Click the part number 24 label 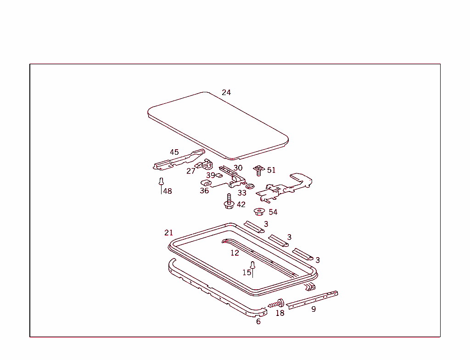coord(226,92)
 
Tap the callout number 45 coord(174,152)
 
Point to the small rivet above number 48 coord(161,181)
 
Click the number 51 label coord(271,170)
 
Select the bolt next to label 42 coord(229,202)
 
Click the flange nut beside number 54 coord(259,212)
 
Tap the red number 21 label coord(168,233)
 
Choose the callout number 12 coord(235,253)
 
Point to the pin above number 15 coord(252,265)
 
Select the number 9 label coord(313,309)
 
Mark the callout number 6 coord(258,321)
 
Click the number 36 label coord(204,191)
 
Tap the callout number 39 coord(210,175)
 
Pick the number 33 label coord(242,193)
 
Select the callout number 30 coord(238,168)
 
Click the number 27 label coord(191,171)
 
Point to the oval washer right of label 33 coord(251,186)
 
